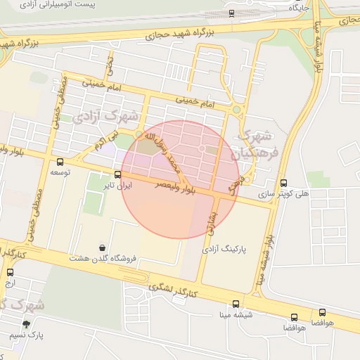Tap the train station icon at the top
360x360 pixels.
click(231, 13)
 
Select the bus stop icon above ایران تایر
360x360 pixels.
click(117, 175)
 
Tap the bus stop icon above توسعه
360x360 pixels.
click(58, 161)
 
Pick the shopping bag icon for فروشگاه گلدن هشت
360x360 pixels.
click(103, 247)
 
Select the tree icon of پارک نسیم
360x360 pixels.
click(26, 324)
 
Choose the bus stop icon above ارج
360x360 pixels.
click(10, 272)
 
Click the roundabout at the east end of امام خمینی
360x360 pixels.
click(236, 110)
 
